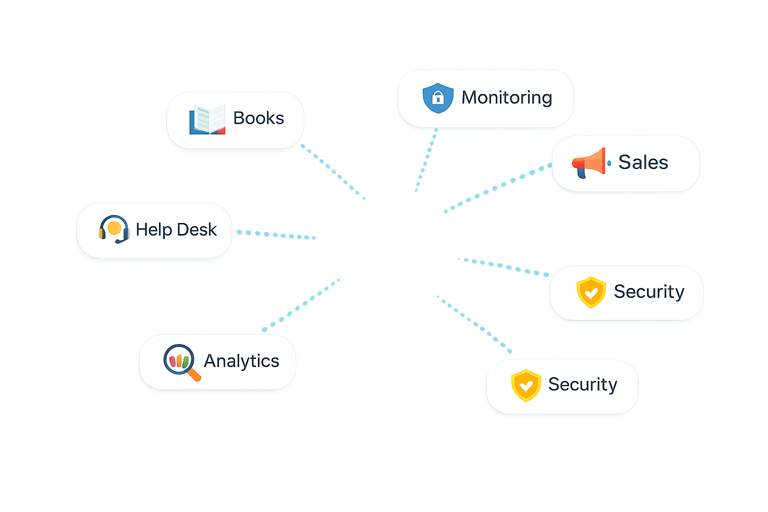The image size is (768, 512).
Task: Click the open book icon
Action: coord(207,120)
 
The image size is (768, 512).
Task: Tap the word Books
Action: coord(258,118)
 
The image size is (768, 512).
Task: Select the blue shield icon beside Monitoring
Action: coord(438,98)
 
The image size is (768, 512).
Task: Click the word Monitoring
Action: coord(506,97)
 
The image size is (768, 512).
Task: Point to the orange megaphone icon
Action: coord(589,162)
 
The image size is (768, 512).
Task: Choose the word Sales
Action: coord(643,162)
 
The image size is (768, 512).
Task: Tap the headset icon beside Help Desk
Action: coord(114,229)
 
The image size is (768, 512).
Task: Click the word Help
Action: coord(154,230)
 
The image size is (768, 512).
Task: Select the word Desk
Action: coord(197,229)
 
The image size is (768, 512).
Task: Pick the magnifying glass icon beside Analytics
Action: coord(180,361)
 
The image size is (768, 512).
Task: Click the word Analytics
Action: coord(241,361)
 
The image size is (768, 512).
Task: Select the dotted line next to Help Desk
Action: coord(275,234)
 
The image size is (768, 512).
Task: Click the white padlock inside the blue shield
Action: coord(438,97)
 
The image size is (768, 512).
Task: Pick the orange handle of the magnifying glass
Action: coord(194,374)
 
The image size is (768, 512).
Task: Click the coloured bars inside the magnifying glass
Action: coord(178,360)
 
